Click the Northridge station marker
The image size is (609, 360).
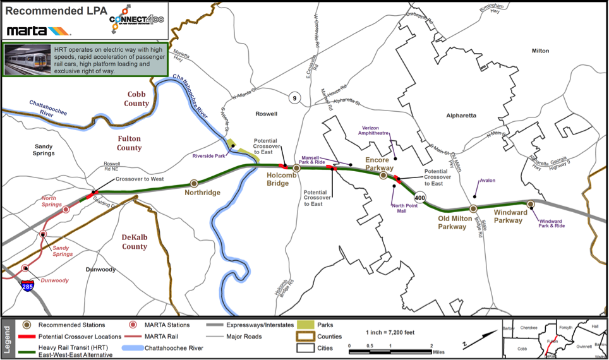pyautogui.click(x=195, y=184)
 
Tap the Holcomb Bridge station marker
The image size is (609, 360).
pyautogui.click(x=296, y=168)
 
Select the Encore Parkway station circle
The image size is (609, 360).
pyautogui.click(x=383, y=176)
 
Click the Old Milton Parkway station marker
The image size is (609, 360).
pyautogui.click(x=473, y=208)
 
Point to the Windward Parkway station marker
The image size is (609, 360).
pyautogui.click(x=531, y=204)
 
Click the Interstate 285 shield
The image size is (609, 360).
pyautogui.click(x=28, y=287)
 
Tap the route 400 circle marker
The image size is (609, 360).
pyautogui.click(x=420, y=198)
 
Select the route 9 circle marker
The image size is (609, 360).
pyautogui.click(x=294, y=97)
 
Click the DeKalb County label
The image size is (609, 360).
pyautogui.click(x=135, y=241)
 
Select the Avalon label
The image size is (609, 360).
pyautogui.click(x=487, y=181)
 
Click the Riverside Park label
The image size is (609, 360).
pyautogui.click(x=209, y=155)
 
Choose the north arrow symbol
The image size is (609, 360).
pyautogui.click(x=466, y=342)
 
